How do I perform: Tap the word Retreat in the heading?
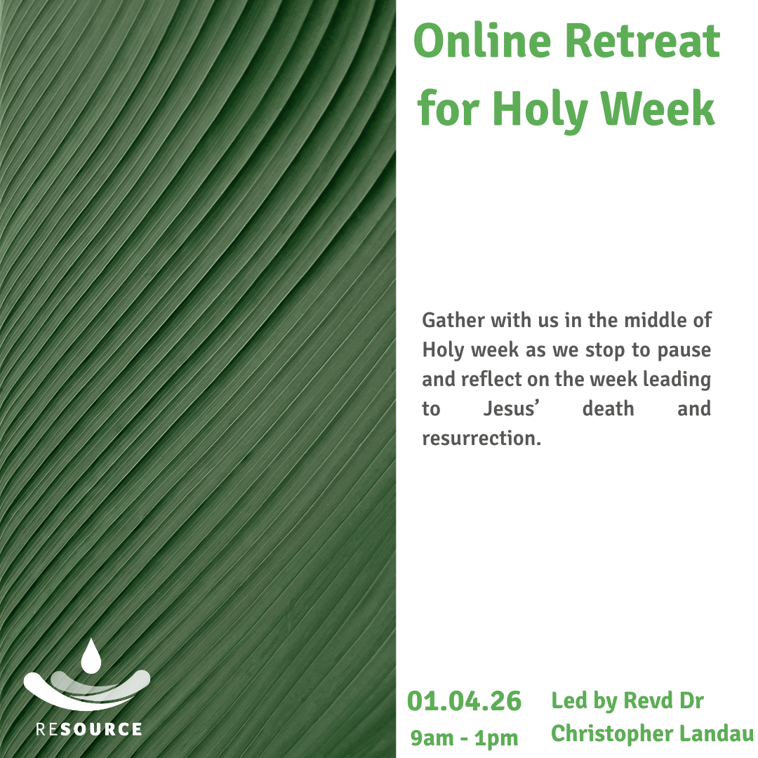coord(643,42)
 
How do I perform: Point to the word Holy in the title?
coord(540,111)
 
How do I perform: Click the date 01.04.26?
coord(465,701)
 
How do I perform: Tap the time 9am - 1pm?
coord(465,738)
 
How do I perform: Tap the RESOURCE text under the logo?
coord(89,729)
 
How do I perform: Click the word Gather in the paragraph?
coord(453,321)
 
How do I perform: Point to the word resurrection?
coord(481,439)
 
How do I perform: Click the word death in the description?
coord(608,408)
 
